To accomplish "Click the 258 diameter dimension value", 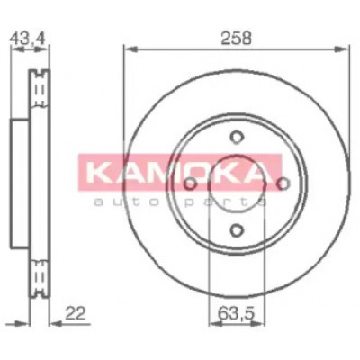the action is click(236, 39).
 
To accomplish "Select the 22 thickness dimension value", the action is click(76, 313).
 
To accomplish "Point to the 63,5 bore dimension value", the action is click(236, 314).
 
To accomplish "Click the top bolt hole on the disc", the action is click(237, 137).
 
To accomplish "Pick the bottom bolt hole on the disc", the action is click(237, 230).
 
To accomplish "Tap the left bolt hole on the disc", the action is click(190, 184).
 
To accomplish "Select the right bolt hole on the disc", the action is click(283, 184).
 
